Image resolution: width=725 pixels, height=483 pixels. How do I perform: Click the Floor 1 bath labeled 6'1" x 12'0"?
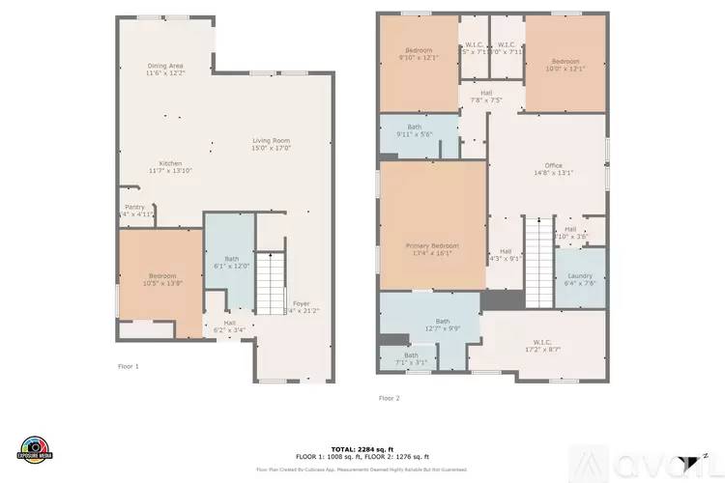(231, 262)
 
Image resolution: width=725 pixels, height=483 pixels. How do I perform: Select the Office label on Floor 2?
(553, 169)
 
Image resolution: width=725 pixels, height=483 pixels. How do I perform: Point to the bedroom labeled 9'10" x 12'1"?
(419, 54)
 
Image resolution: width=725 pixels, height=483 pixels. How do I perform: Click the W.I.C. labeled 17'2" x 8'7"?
(541, 346)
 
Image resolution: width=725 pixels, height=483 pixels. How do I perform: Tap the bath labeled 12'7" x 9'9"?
(443, 325)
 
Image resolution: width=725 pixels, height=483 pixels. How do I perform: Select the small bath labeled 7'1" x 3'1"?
(411, 358)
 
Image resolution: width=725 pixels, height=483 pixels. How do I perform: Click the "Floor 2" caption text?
(389, 397)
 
